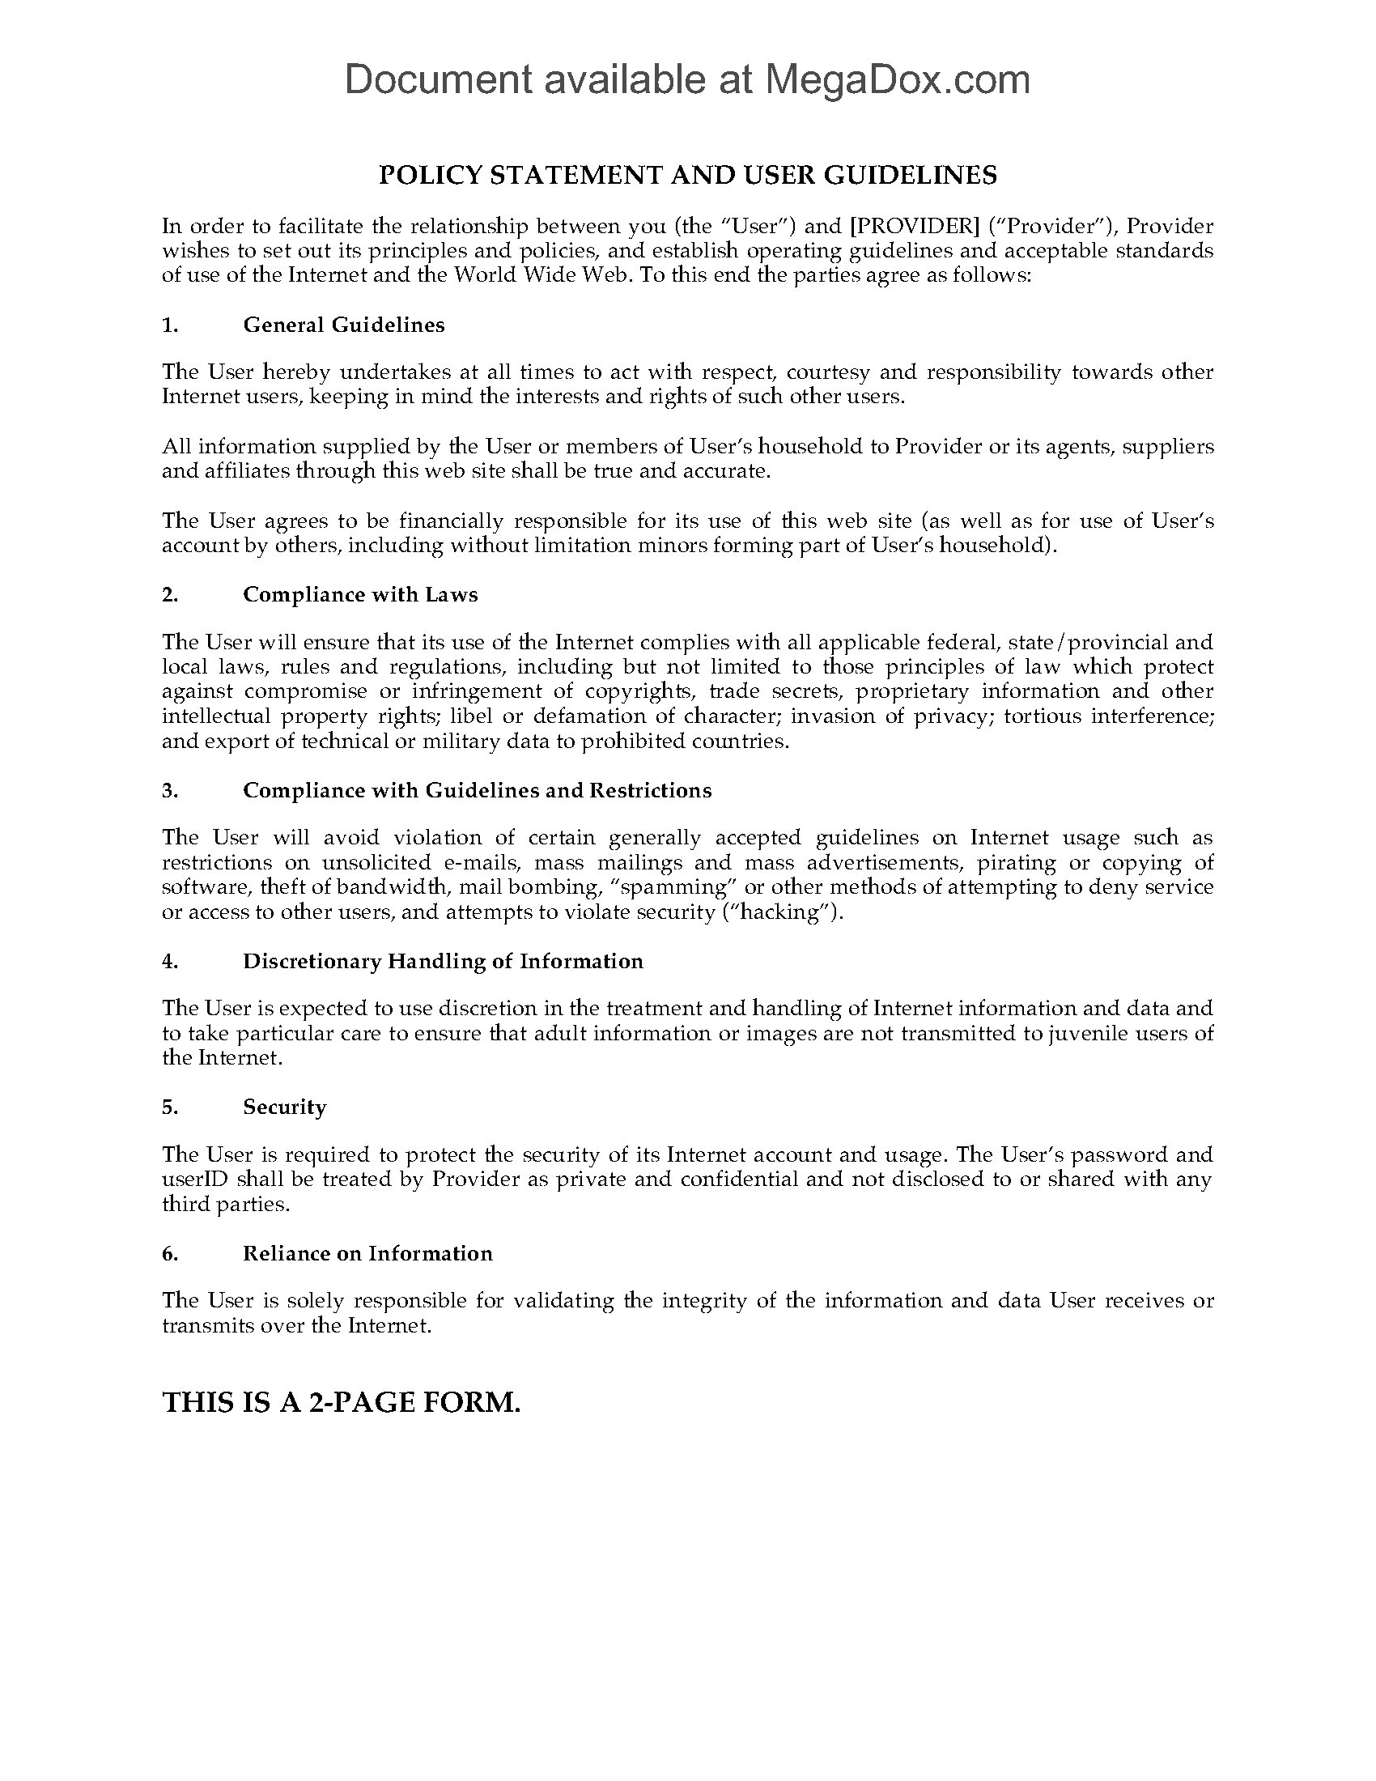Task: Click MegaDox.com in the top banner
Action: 897,80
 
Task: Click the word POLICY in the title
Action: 429,176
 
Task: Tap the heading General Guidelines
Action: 343,325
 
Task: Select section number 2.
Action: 169,594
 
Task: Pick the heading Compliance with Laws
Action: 359,594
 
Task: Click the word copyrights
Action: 639,691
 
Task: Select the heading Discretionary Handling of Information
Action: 443,961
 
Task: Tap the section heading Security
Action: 283,1107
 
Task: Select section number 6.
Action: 169,1253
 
